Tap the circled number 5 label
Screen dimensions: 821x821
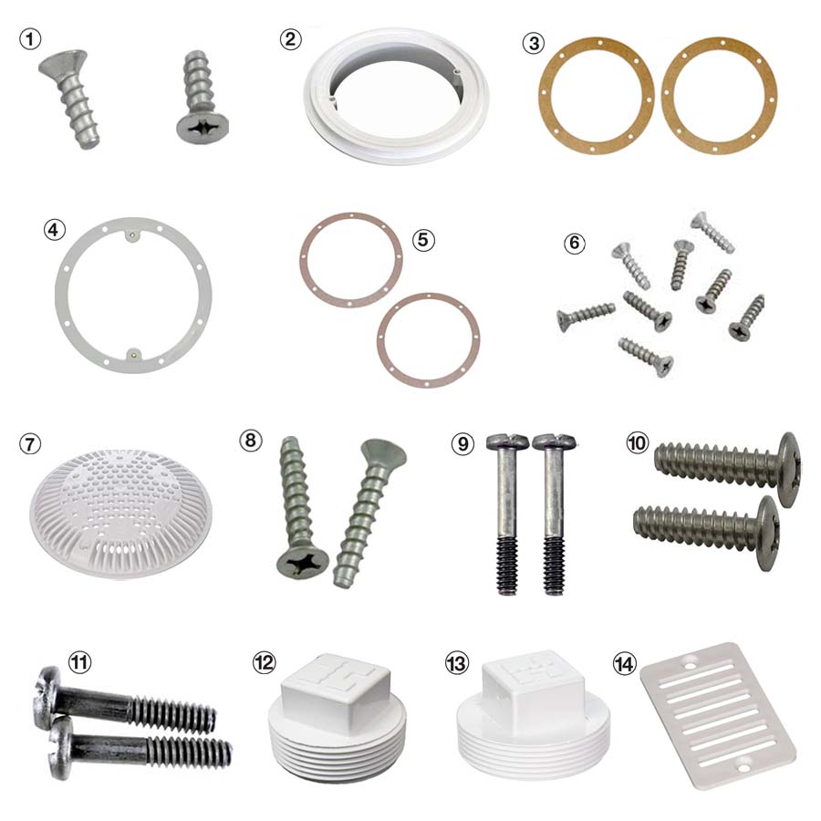422,239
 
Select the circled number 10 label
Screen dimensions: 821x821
638,444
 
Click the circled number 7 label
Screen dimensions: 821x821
30,445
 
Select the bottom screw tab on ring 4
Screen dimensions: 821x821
134,350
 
